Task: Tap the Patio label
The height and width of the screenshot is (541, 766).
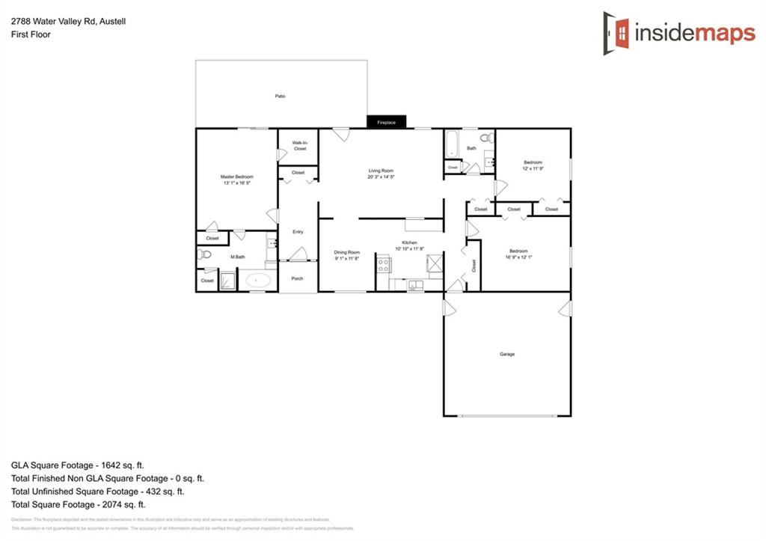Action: pyautogui.click(x=280, y=96)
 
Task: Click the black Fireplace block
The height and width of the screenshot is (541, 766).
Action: pyautogui.click(x=386, y=122)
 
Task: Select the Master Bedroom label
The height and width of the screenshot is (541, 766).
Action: pyautogui.click(x=236, y=177)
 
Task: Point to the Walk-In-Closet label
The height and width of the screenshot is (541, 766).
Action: pyautogui.click(x=299, y=145)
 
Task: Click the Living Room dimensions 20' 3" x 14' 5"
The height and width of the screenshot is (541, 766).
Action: pyautogui.click(x=381, y=177)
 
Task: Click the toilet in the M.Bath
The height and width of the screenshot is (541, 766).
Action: pyautogui.click(x=206, y=255)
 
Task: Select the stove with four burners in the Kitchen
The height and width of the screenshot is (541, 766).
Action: pyautogui.click(x=383, y=264)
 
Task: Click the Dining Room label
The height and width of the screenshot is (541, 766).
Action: pyautogui.click(x=347, y=252)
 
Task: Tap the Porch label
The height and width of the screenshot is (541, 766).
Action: pyautogui.click(x=297, y=278)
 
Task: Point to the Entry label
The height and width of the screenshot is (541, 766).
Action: pyautogui.click(x=298, y=232)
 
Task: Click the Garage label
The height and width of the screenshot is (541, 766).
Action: pyautogui.click(x=507, y=354)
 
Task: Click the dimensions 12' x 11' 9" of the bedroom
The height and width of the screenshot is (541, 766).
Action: pyautogui.click(x=533, y=169)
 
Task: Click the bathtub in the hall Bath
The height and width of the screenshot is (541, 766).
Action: pyautogui.click(x=451, y=144)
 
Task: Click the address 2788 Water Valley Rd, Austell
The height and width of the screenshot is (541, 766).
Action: pyautogui.click(x=68, y=22)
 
